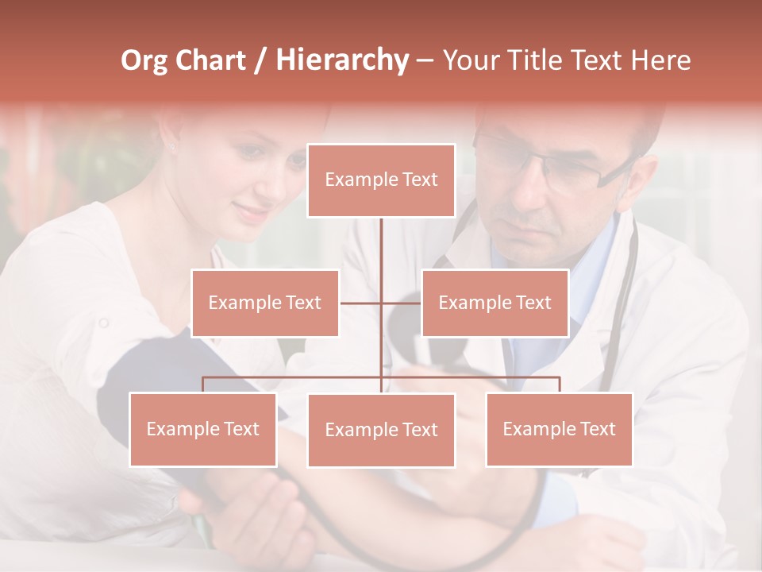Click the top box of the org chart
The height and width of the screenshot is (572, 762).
coord(381,180)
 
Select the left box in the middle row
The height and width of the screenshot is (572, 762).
coord(265,303)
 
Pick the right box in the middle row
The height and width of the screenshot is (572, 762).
coord(495,303)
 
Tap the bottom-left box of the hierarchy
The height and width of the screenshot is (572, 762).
coord(203,429)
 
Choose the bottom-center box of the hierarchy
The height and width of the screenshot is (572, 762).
coord(381,430)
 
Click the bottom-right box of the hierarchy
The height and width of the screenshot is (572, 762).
coord(559,429)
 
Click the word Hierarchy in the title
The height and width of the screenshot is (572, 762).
coord(342,60)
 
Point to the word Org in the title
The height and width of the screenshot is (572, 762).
coord(144,60)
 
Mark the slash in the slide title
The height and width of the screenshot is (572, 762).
coord(260,60)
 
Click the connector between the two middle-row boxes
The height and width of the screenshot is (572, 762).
coord(381,303)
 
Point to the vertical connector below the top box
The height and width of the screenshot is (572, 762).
coord(381,246)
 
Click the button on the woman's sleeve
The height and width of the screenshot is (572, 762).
coord(102,323)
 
